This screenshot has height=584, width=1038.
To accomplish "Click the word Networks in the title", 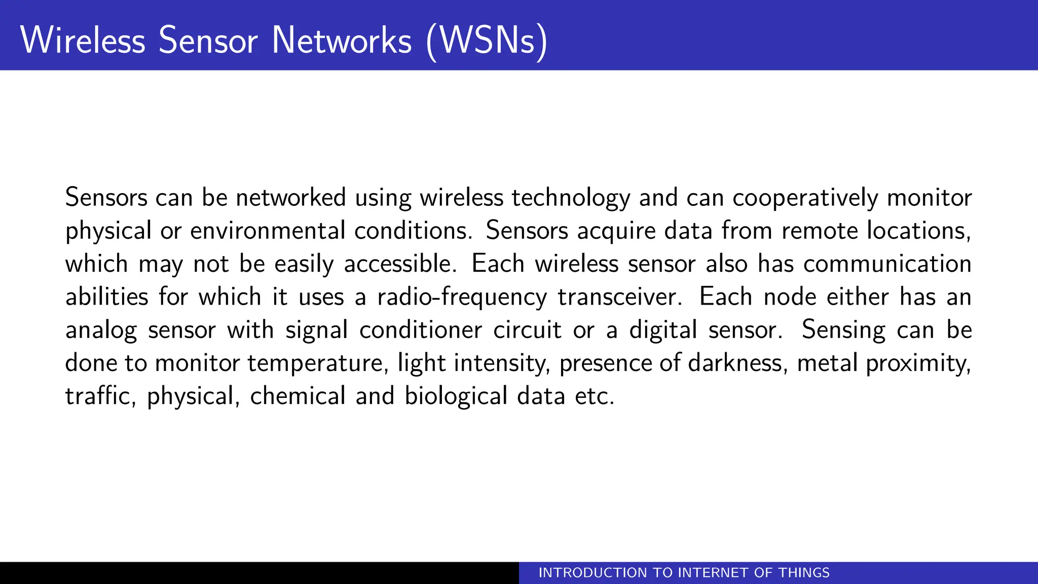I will tap(342, 40).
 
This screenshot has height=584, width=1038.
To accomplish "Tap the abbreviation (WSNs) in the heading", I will tap(487, 40).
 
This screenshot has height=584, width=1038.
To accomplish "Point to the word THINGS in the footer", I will tap(804, 573).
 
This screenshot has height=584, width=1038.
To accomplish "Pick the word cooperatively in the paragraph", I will tap(805, 198).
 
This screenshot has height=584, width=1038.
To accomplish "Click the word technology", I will tap(571, 198).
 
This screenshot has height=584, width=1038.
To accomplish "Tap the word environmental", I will tap(268, 231).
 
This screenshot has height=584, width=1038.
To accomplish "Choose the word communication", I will tap(887, 264).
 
